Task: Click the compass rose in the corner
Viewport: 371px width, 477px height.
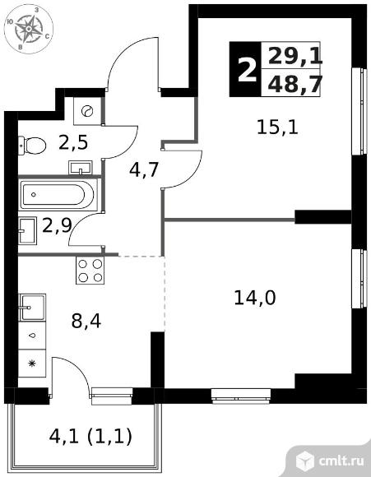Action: pyautogui.click(x=28, y=30)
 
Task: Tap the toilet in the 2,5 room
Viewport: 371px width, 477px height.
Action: pyautogui.click(x=31, y=146)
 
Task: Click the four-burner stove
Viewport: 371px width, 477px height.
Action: pyautogui.click(x=90, y=271)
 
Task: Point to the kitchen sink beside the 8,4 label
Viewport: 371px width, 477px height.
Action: pyautogui.click(x=32, y=308)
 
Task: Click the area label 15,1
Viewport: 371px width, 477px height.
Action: pyautogui.click(x=277, y=127)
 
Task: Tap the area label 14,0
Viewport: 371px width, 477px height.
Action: pyautogui.click(x=255, y=298)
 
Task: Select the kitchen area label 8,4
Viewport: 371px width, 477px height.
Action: pyautogui.click(x=86, y=322)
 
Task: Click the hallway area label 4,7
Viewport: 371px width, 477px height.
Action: pyautogui.click(x=144, y=170)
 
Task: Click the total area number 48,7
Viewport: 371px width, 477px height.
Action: pyautogui.click(x=294, y=84)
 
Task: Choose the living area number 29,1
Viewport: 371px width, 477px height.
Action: pyautogui.click(x=294, y=56)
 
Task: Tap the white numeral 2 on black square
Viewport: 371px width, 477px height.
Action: pyautogui.click(x=247, y=70)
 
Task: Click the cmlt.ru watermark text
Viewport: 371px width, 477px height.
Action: pyautogui.click(x=341, y=461)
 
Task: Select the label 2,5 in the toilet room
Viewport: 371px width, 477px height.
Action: pyautogui.click(x=73, y=142)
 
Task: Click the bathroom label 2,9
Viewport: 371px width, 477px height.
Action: pyautogui.click(x=57, y=225)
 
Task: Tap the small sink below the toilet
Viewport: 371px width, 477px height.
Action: pyautogui.click(x=81, y=168)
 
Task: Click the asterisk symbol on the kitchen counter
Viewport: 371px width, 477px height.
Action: pyautogui.click(x=32, y=364)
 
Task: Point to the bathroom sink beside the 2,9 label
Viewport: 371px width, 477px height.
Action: pyautogui.click(x=27, y=230)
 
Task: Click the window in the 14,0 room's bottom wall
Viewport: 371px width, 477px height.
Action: pyautogui.click(x=241, y=396)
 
